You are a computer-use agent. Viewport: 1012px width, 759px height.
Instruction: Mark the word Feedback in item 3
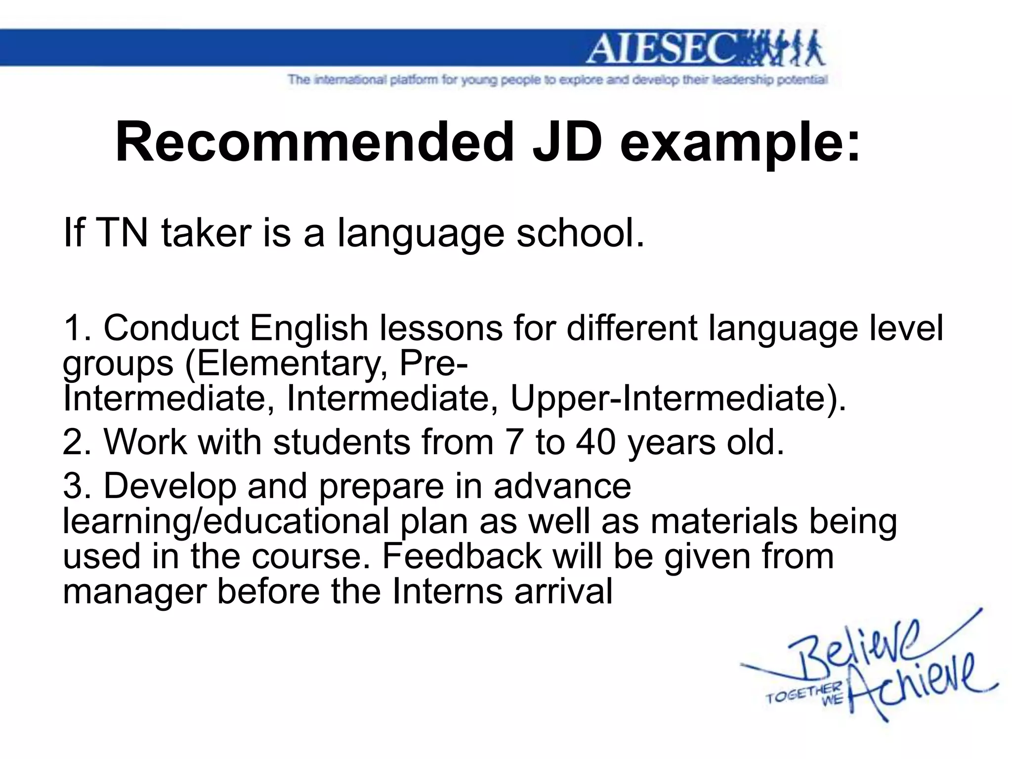[462, 556]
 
